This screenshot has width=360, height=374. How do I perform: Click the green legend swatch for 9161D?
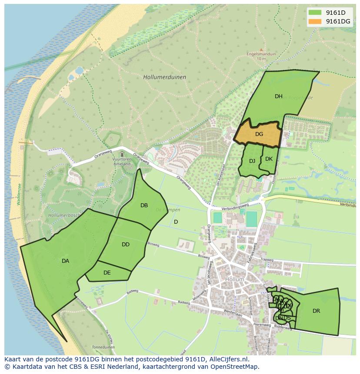pyautogui.click(x=315, y=13)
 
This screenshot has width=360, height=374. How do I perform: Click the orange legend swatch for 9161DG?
pyautogui.click(x=315, y=21)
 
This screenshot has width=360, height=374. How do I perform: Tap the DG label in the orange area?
pyautogui.click(x=259, y=134)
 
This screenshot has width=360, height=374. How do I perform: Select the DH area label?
pyautogui.click(x=279, y=96)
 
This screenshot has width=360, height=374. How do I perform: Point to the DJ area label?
pyautogui.click(x=252, y=161)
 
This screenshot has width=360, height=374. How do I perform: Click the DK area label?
pyautogui.click(x=269, y=159)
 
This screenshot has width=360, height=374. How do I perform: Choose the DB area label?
pyautogui.click(x=144, y=205)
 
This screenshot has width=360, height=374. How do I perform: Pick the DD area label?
pyautogui.click(x=126, y=245)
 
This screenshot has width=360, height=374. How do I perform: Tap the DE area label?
pyautogui.click(x=107, y=273)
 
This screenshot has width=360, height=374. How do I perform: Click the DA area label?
pyautogui.click(x=65, y=261)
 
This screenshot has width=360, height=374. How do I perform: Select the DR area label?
pyautogui.click(x=316, y=311)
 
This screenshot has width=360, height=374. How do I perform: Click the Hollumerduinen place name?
pyautogui.click(x=164, y=77)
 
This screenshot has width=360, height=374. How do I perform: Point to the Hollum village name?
pyautogui.click(x=235, y=279)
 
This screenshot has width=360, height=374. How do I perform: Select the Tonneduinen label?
pyautogui.click(x=103, y=347)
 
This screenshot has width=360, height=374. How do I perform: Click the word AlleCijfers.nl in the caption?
pyautogui.click(x=228, y=359)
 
